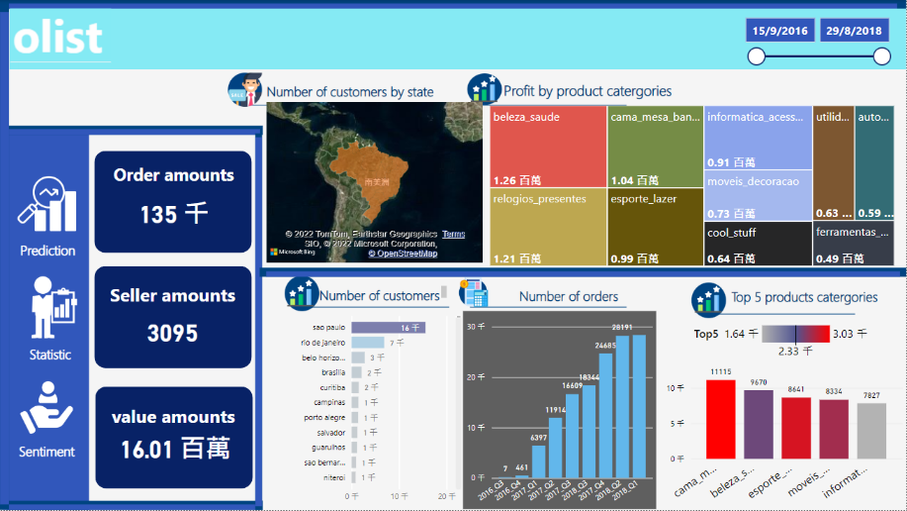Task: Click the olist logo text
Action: (x=58, y=38)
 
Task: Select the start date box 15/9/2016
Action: (x=779, y=31)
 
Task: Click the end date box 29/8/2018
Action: (x=854, y=31)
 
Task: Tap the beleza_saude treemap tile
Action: (x=547, y=147)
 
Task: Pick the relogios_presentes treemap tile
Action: (x=547, y=226)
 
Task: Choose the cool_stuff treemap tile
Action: (x=758, y=244)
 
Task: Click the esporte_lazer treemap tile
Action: (x=654, y=226)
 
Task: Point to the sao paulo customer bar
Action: (x=389, y=328)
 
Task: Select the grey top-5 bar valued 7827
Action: (x=871, y=431)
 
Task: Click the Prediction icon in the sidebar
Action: (x=47, y=206)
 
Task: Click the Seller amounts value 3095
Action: (x=173, y=334)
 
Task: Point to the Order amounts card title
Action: (x=173, y=175)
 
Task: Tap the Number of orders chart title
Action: (x=569, y=296)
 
